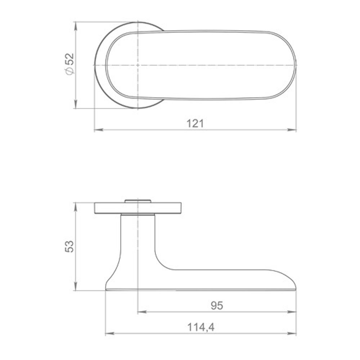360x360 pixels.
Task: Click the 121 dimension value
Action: [195, 123]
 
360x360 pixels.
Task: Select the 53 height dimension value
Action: [69, 246]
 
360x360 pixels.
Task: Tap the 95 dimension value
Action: [217, 305]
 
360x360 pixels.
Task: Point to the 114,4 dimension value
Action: [201, 327]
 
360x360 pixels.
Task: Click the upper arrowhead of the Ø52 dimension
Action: [76, 26]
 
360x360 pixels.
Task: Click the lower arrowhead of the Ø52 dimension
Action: [76, 104]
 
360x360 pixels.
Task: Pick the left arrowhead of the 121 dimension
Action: [99, 130]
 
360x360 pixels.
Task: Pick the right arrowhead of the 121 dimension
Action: [292, 130]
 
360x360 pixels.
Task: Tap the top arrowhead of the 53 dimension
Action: [76, 207]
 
